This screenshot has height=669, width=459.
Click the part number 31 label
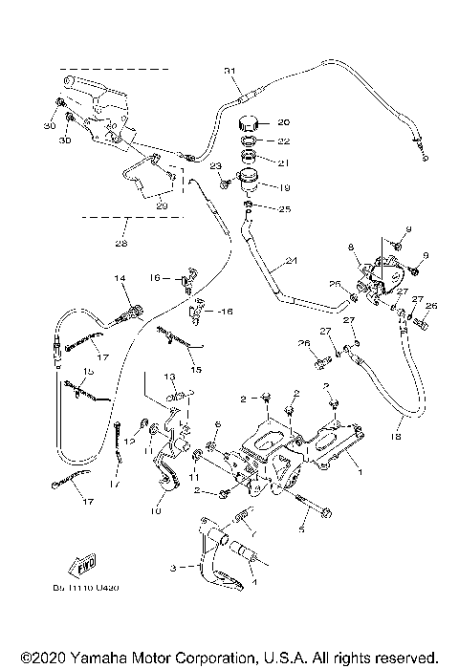click(229, 72)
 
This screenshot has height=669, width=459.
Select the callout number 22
click(283, 141)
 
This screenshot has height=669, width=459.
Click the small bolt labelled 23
click(227, 175)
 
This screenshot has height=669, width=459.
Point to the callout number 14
click(121, 278)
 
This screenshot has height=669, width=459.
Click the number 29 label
click(160, 205)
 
